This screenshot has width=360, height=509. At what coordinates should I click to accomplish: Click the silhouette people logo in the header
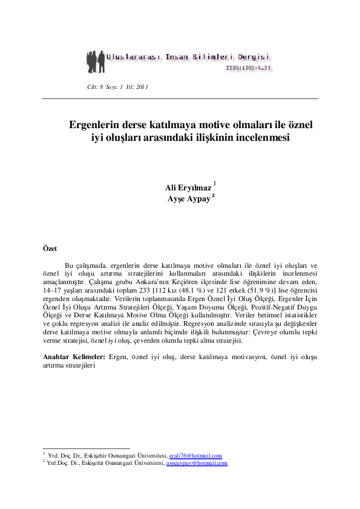(96, 60)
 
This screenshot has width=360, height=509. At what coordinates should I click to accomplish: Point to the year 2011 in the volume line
(142, 87)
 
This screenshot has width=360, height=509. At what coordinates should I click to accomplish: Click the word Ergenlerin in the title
(96, 126)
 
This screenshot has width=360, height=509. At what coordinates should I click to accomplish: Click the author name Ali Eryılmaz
(188, 188)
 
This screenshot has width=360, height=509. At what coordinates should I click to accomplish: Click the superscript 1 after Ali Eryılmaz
(215, 183)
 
